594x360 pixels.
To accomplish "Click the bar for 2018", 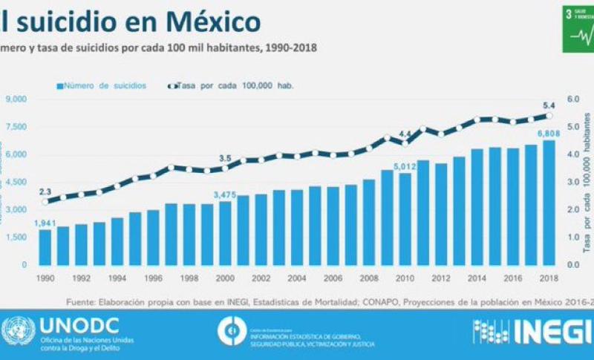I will coord(549,203).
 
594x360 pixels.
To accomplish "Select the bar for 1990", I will coord(45,246).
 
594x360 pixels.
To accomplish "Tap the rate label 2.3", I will coord(45,191).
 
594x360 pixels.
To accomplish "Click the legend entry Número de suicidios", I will coord(105,85).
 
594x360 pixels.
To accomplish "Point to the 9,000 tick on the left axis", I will coord(16,99).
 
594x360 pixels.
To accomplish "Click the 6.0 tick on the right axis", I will coord(572,99).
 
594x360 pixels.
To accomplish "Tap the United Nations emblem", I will coord(18,332).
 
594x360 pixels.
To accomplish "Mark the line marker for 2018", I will coord(549,116).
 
